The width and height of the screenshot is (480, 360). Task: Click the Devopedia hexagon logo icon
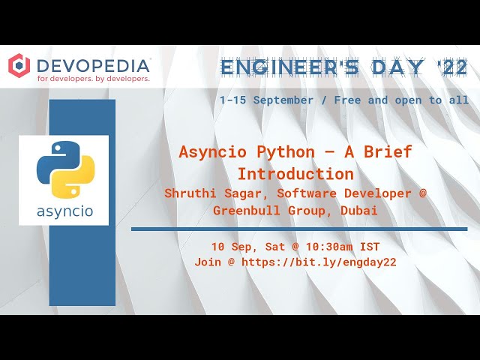click(19, 65)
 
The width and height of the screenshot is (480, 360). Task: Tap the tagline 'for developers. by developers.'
click(93, 78)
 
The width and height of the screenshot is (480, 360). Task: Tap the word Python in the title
click(286, 151)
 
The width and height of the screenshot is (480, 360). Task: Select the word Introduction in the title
click(295, 174)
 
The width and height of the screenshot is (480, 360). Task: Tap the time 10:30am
click(323, 247)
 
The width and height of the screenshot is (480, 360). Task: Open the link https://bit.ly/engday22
click(319, 262)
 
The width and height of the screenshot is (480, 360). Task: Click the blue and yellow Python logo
click(64, 169)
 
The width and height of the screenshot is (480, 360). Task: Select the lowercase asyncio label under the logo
click(64, 211)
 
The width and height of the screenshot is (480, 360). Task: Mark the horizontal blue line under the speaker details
click(299, 229)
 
